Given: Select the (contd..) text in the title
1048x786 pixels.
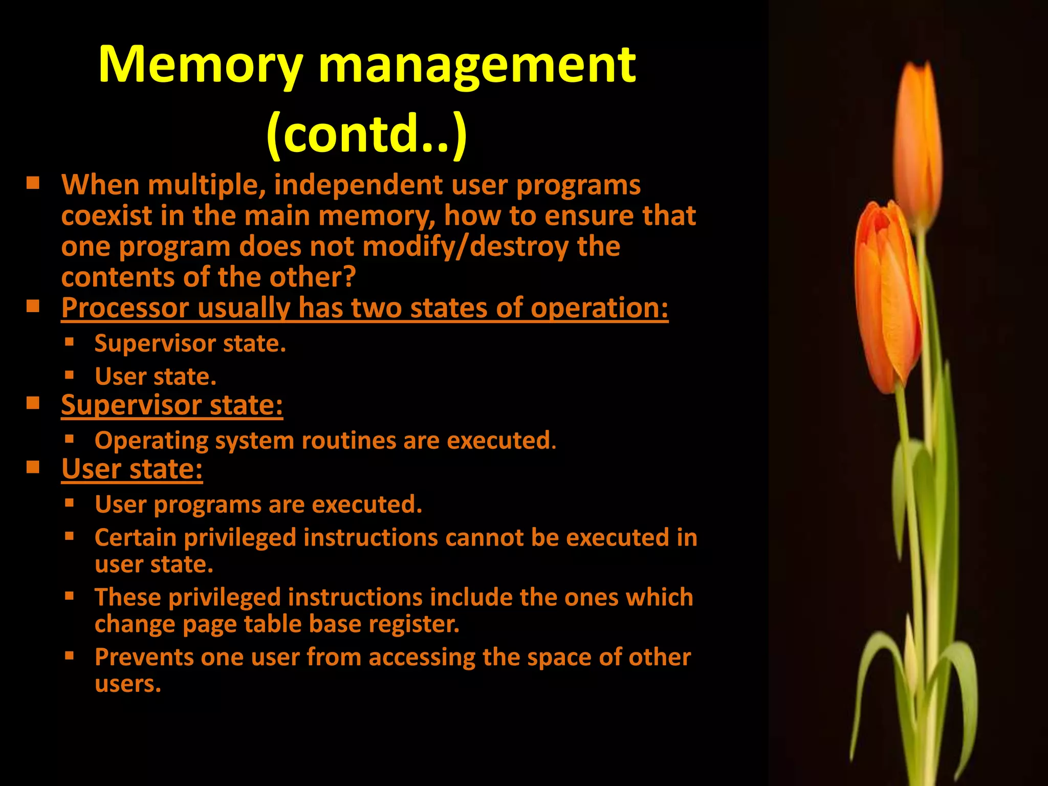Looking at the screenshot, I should click(366, 134).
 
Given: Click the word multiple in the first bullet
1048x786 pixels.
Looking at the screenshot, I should click(207, 185).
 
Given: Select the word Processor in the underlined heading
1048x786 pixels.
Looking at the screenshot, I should click(125, 309).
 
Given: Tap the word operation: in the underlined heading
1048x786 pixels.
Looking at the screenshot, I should click(599, 309).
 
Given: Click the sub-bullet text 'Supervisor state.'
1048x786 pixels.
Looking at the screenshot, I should click(190, 343).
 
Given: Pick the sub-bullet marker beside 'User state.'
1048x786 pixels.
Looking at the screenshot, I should click(70, 376).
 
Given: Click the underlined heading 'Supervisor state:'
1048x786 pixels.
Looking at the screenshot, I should click(172, 405).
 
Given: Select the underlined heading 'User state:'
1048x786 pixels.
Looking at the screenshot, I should click(132, 469).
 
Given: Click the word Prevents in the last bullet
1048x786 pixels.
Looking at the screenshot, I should click(144, 658).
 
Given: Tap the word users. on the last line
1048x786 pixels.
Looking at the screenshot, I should click(128, 684).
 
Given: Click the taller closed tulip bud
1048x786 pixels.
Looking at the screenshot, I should click(919, 143).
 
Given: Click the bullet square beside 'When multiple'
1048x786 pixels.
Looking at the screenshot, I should click(33, 183).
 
